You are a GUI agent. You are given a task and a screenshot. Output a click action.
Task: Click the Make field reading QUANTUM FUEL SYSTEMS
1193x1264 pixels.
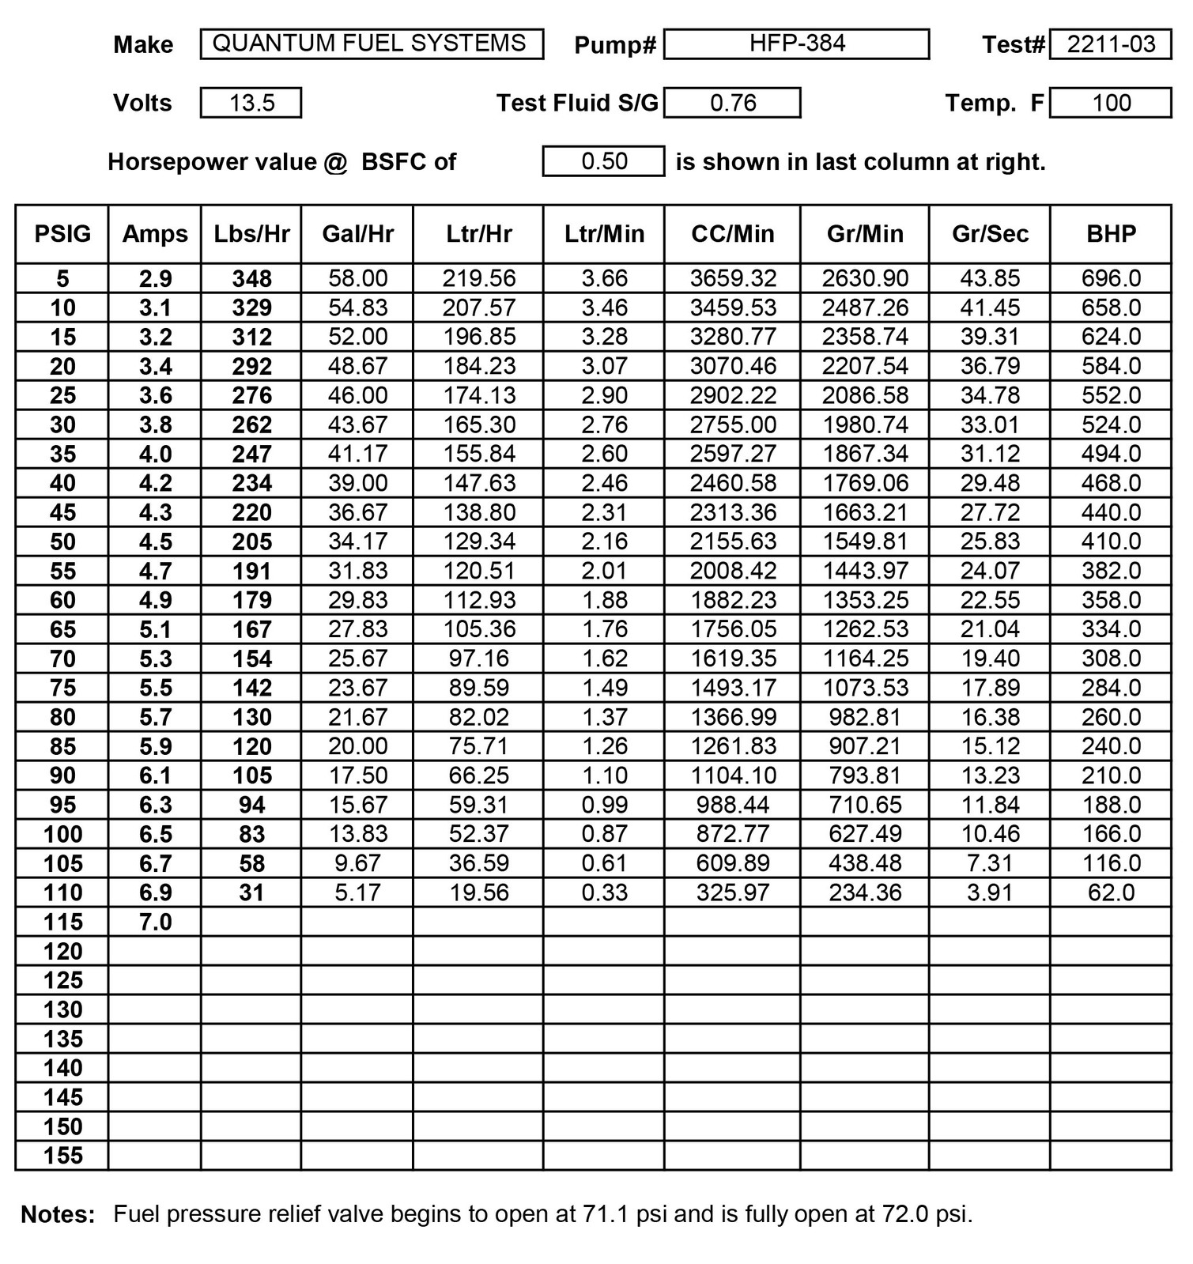[x=371, y=43]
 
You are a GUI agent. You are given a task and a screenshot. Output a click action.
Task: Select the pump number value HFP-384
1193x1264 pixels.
[x=796, y=43]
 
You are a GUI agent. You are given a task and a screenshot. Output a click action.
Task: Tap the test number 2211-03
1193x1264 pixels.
[x=1110, y=44]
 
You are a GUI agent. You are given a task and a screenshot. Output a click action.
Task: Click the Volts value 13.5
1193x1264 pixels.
[x=251, y=103]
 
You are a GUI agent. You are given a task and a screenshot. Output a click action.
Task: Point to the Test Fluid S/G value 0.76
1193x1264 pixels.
[x=732, y=103]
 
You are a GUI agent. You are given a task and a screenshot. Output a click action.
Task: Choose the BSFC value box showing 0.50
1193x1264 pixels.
[x=603, y=161]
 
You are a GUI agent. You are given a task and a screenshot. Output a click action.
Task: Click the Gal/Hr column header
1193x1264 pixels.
[x=357, y=234]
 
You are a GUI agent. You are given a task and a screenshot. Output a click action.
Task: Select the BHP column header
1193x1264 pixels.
[x=1111, y=234]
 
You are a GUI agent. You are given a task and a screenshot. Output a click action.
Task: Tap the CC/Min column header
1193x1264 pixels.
[x=732, y=234]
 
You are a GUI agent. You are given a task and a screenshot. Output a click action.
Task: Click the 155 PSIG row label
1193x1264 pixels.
[x=62, y=1156]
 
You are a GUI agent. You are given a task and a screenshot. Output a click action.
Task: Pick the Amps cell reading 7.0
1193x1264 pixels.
[x=155, y=922]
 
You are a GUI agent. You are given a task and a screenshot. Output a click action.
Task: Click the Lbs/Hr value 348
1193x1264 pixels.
[x=251, y=278]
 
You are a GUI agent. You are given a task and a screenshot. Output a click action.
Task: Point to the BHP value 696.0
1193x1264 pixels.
[x=1111, y=278]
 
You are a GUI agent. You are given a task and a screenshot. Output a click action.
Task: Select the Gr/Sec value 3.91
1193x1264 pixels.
[x=990, y=892]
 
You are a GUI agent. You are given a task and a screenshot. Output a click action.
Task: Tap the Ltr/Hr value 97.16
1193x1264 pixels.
[x=478, y=658]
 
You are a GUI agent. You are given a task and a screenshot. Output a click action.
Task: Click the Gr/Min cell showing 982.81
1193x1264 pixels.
[x=865, y=717]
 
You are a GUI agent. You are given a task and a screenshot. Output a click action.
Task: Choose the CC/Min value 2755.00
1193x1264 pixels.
[x=732, y=424]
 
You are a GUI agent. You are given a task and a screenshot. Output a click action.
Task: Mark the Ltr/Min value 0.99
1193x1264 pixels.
[x=604, y=805]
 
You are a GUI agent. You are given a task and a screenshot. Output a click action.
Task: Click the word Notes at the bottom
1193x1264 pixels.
[x=58, y=1214]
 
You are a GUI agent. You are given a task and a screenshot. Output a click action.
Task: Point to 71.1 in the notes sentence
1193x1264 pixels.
[x=605, y=1213]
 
